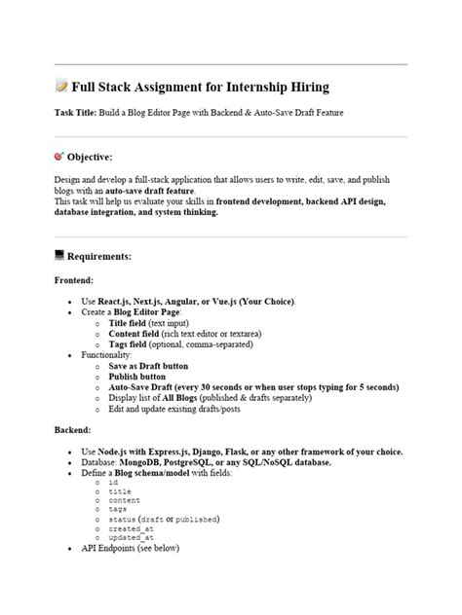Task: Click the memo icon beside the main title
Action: click(x=61, y=88)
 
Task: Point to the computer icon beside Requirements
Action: click(x=60, y=256)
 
